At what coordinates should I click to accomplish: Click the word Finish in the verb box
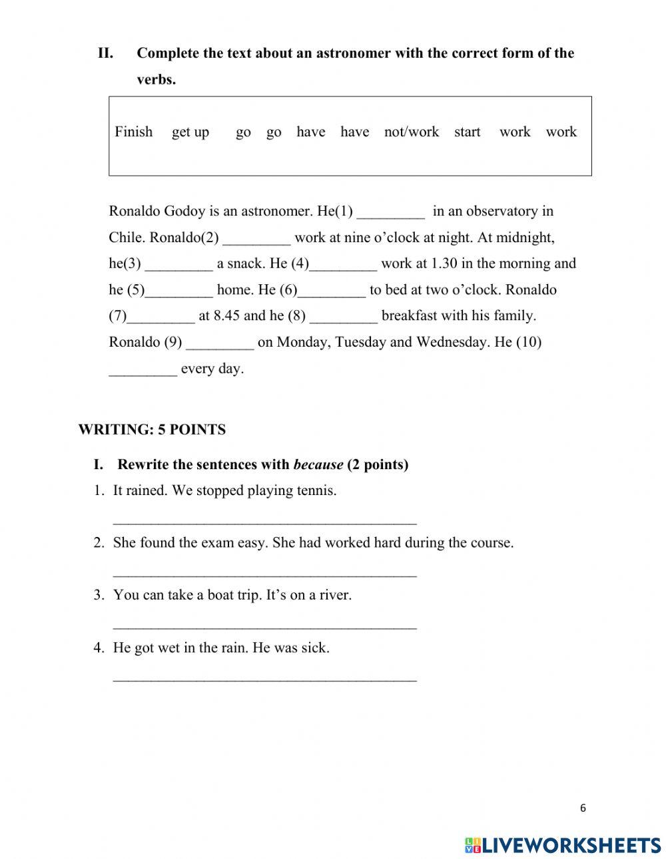133,132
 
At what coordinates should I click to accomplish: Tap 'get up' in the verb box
190,132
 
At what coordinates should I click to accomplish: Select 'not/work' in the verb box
411,132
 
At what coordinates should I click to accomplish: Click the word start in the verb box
467,132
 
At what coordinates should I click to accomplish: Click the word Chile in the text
125,238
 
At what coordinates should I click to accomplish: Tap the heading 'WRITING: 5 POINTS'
152,430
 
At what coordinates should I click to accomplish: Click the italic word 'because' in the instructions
318,464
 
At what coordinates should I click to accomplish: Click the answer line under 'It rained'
264,521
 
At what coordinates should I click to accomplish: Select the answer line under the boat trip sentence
264,625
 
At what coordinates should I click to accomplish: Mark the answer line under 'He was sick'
264,678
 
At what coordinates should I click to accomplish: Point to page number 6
583,808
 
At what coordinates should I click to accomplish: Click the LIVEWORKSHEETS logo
563,844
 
